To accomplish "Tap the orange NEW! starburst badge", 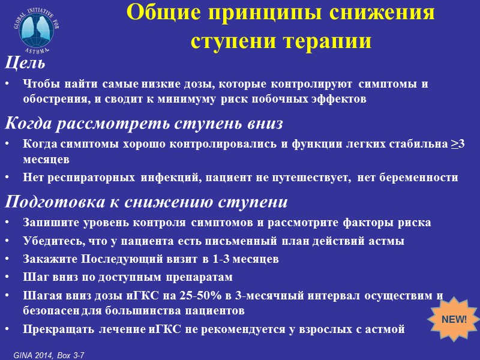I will (x=454, y=319).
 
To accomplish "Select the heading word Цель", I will (x=25, y=62).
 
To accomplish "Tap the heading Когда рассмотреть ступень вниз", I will (x=144, y=124).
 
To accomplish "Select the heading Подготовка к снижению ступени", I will (x=146, y=201).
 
